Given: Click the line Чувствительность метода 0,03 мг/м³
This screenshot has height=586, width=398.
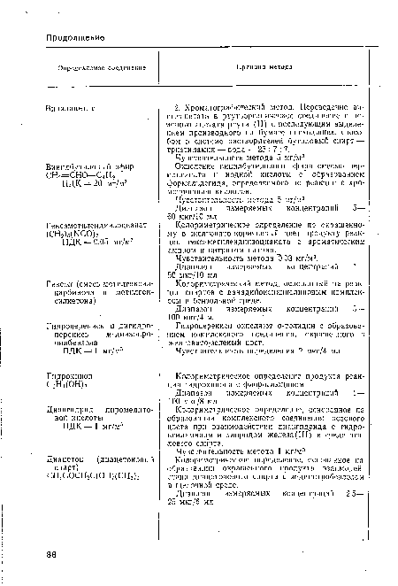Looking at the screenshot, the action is [249, 259].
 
